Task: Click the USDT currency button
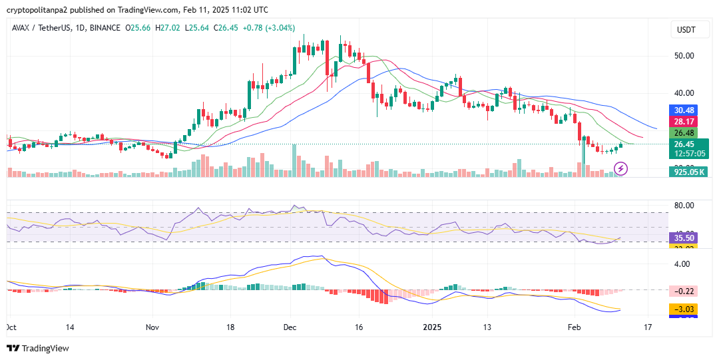tap(686, 30)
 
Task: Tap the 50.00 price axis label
tap(684, 56)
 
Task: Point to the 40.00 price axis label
tap(684, 93)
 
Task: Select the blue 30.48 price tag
tap(684, 110)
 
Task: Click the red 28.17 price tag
tap(684, 122)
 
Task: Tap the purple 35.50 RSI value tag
tap(684, 238)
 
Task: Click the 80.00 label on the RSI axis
tap(684, 206)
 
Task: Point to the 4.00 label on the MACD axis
tap(682, 264)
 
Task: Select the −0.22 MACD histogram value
tap(684, 291)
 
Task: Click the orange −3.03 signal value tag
tap(684, 309)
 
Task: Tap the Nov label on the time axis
tap(153, 327)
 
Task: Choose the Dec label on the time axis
tap(290, 327)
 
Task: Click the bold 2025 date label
tap(432, 327)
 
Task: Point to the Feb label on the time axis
tap(573, 327)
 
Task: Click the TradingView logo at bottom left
tap(38, 348)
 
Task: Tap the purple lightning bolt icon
tap(620, 169)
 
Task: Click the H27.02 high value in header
tap(172, 28)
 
